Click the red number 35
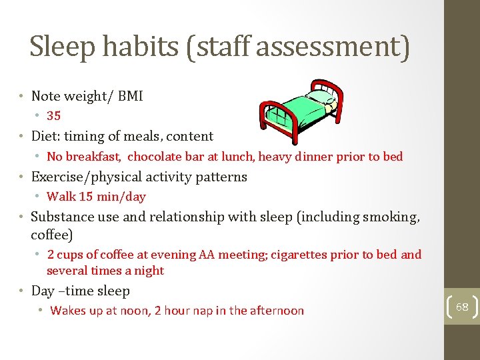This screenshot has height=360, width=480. (x=54, y=116)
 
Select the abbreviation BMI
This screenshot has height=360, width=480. (x=130, y=96)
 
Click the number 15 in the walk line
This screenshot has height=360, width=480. (x=85, y=197)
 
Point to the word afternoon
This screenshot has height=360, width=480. (x=275, y=311)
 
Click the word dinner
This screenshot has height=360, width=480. (x=318, y=157)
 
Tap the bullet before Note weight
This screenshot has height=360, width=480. (x=22, y=96)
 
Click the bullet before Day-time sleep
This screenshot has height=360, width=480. (x=22, y=291)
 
